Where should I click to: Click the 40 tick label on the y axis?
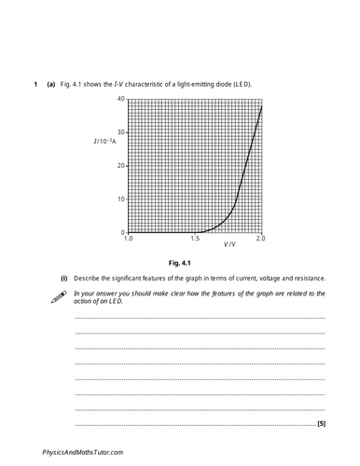click(121, 99)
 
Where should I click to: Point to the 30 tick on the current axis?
click(121, 132)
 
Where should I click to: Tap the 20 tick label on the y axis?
click(121, 166)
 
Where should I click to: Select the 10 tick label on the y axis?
click(121, 199)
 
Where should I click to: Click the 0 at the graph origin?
click(123, 232)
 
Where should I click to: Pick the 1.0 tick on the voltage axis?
click(129, 240)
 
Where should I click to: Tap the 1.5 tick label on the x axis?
click(195, 240)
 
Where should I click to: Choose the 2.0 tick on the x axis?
click(260, 240)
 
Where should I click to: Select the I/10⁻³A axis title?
click(105, 141)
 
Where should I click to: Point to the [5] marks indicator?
click(321, 425)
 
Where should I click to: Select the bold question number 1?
click(35, 85)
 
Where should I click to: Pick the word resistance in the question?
click(308, 279)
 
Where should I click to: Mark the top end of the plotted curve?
click(261, 105)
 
